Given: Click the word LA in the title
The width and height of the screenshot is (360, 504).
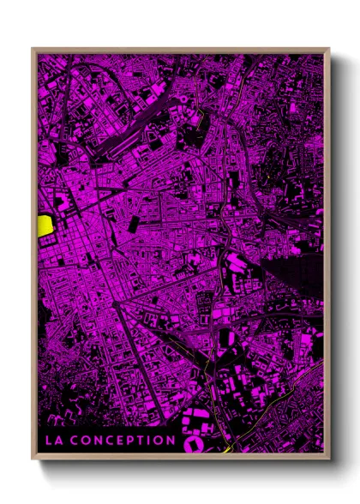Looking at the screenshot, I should click(53, 441).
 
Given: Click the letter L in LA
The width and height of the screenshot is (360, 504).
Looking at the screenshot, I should click(49, 441).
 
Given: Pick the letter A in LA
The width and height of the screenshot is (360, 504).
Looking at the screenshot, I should click(58, 441).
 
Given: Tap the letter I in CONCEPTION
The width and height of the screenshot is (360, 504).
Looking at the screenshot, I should click(153, 441).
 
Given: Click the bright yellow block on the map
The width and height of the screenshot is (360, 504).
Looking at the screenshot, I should click(45, 225).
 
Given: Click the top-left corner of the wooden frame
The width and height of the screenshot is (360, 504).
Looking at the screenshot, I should click(33, 49).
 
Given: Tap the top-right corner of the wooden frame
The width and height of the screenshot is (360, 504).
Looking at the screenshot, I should click(329, 49).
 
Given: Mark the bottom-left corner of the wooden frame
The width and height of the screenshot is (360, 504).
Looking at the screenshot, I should click(33, 458).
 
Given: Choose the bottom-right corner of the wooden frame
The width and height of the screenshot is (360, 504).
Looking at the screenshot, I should click(329, 458).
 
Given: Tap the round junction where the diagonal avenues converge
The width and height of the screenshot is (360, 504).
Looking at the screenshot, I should click(116, 304).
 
